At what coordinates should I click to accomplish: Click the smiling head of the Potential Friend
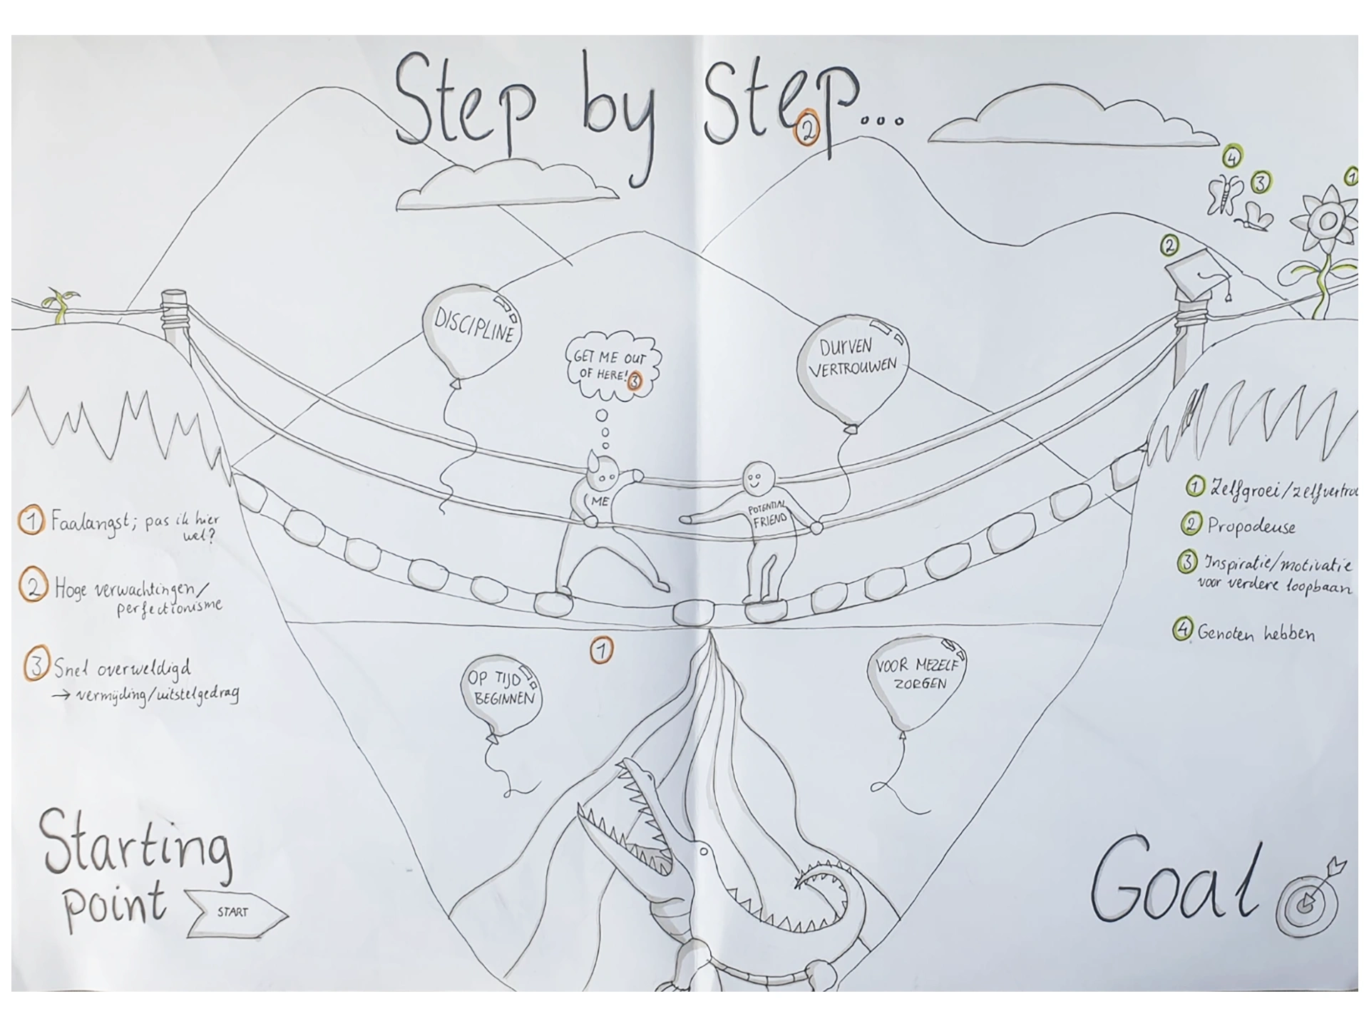point(759,476)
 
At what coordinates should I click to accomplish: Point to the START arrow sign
point(236,912)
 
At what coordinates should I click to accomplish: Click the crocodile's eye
point(704,851)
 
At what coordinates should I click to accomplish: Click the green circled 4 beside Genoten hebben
point(1183,630)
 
